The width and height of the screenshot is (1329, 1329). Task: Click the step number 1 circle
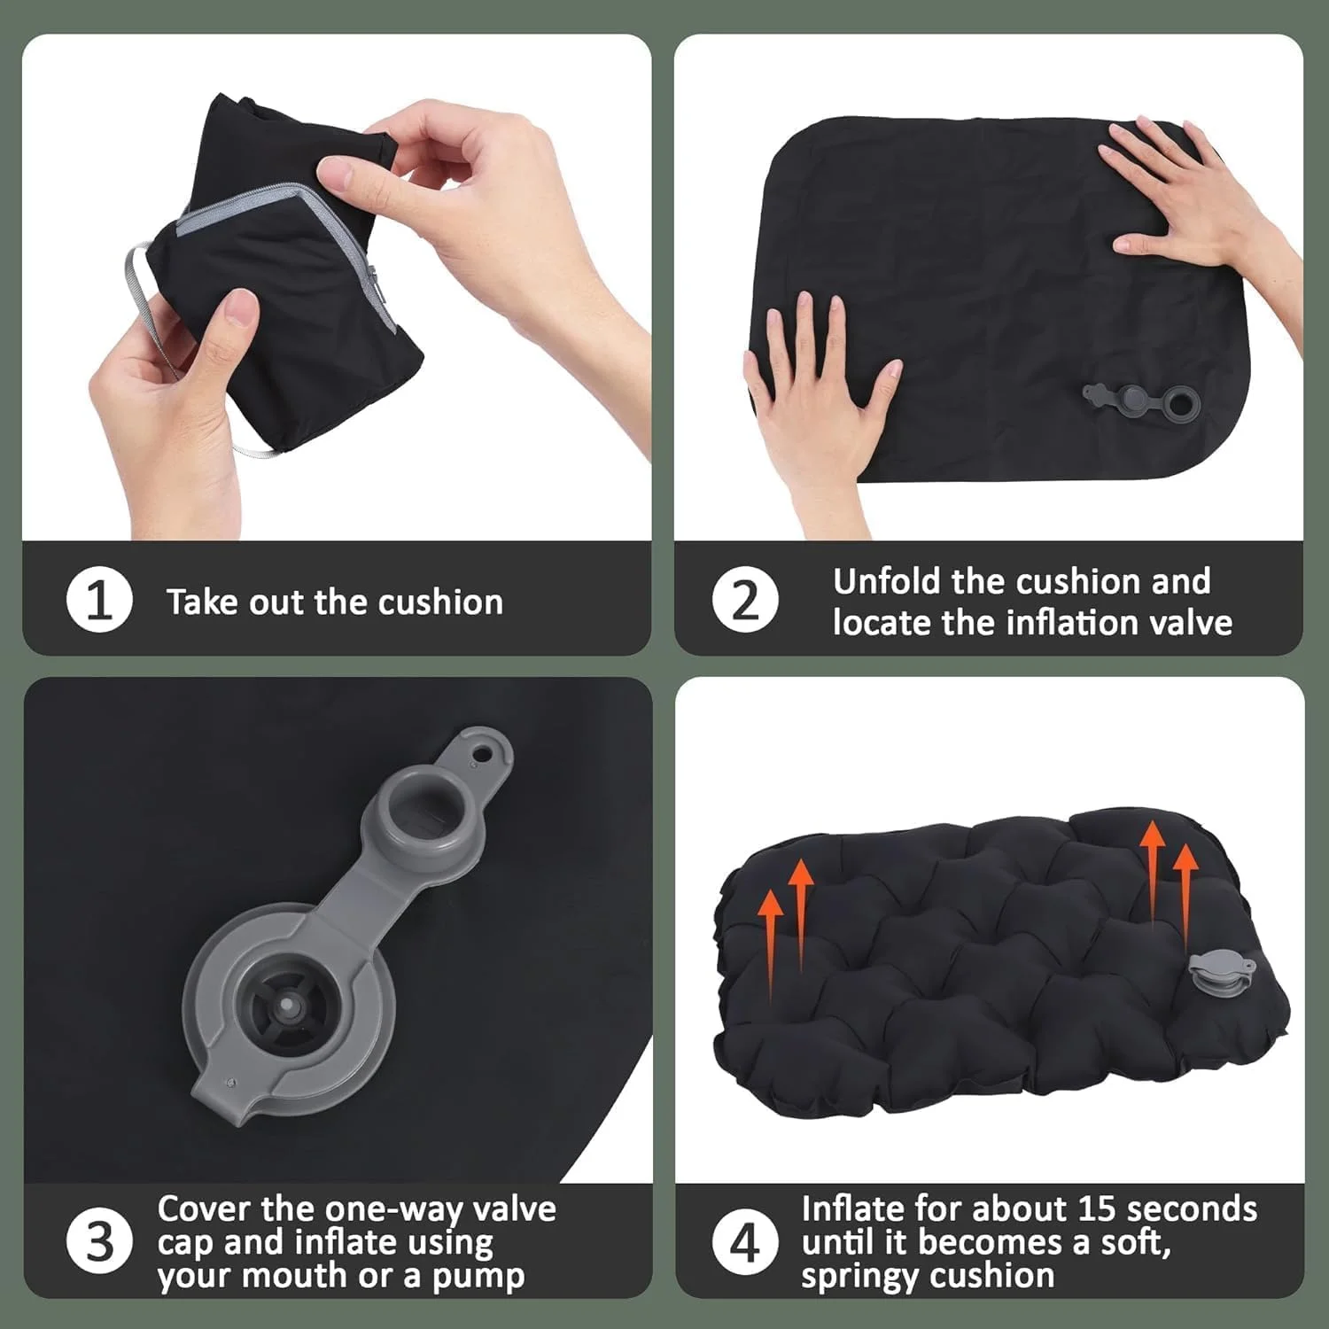[x=99, y=601]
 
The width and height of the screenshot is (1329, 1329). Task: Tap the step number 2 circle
[x=745, y=600]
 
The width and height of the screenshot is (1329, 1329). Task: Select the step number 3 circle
[x=99, y=1241]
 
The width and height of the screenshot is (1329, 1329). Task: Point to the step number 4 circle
[x=745, y=1241]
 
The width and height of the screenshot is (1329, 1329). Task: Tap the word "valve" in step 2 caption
[x=1190, y=622]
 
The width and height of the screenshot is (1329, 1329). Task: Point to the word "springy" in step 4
[x=859, y=1277]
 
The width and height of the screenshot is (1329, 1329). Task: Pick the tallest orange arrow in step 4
[x=1152, y=877]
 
